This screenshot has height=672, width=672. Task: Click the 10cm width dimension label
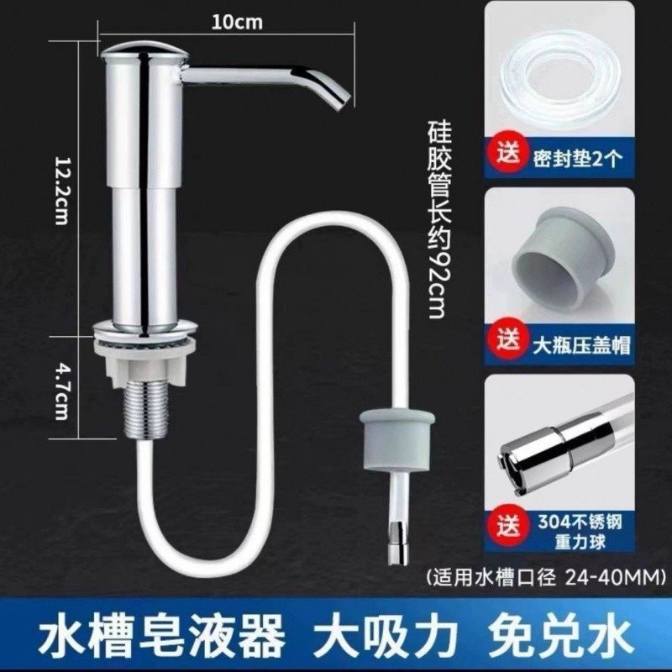[237, 23]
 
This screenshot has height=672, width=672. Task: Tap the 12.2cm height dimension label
[61, 190]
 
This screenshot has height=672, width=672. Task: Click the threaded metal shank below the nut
[144, 412]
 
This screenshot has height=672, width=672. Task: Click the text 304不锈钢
[580, 522]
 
